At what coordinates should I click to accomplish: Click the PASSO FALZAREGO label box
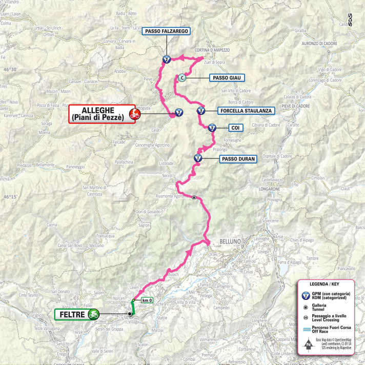point(167,31)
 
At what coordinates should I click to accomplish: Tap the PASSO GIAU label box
point(226,78)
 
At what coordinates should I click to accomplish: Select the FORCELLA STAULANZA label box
point(246,111)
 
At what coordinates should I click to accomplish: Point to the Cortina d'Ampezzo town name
point(212,50)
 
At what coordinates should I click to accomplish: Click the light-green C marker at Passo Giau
point(181,78)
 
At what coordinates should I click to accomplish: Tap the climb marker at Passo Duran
point(197,158)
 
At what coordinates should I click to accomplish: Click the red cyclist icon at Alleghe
point(134,114)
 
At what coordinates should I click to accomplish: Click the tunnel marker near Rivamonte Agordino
point(194,197)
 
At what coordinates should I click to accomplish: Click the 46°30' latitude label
point(11,69)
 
